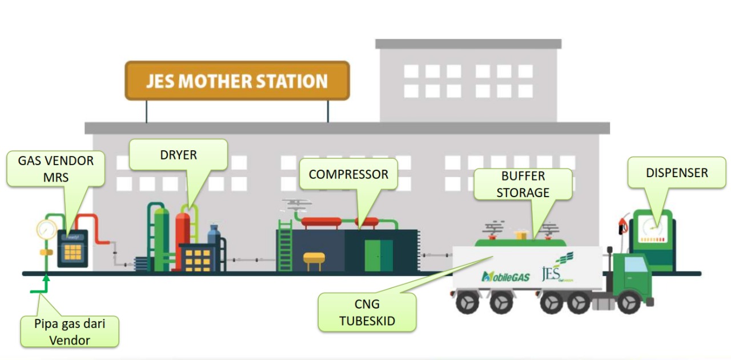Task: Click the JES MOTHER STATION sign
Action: (x=237, y=81)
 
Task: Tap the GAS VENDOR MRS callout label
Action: (x=55, y=169)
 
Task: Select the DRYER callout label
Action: (x=178, y=155)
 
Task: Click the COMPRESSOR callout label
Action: (x=348, y=175)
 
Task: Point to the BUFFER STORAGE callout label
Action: (x=523, y=184)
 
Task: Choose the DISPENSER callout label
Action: (x=677, y=173)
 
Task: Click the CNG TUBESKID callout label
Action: (x=367, y=312)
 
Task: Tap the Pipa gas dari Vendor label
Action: (x=70, y=331)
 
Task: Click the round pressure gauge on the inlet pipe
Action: (x=46, y=230)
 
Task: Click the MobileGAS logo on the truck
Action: (x=505, y=277)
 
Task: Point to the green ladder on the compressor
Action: (x=285, y=249)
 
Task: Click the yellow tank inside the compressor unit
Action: (x=314, y=261)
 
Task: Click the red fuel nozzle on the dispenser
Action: (x=622, y=225)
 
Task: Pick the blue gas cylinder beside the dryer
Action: (x=214, y=234)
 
